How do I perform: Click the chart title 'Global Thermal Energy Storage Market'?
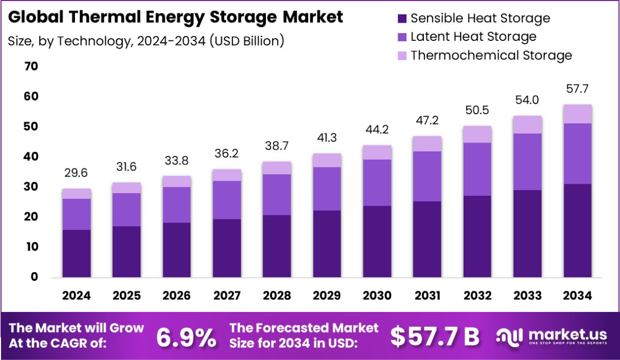point(176,17)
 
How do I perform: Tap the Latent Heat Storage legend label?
point(473,37)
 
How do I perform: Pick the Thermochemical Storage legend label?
point(491,55)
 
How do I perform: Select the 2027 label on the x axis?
point(227,295)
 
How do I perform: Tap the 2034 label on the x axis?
point(577,295)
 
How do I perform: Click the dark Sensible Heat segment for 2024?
point(76,254)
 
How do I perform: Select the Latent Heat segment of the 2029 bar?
point(327,189)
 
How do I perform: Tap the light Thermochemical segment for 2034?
point(577,114)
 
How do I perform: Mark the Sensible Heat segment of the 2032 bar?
point(477,237)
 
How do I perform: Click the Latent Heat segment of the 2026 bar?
point(177,205)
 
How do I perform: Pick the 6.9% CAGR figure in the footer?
point(186,337)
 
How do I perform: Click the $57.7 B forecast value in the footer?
point(435,337)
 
